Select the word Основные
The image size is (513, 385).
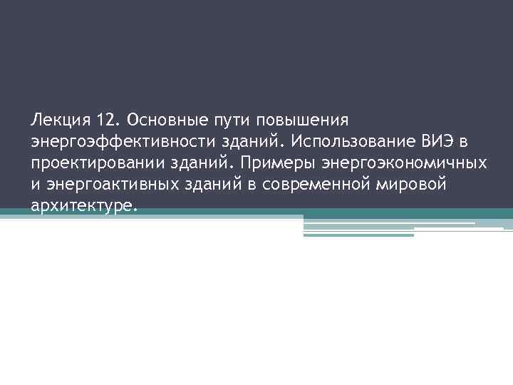[x=162, y=116]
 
